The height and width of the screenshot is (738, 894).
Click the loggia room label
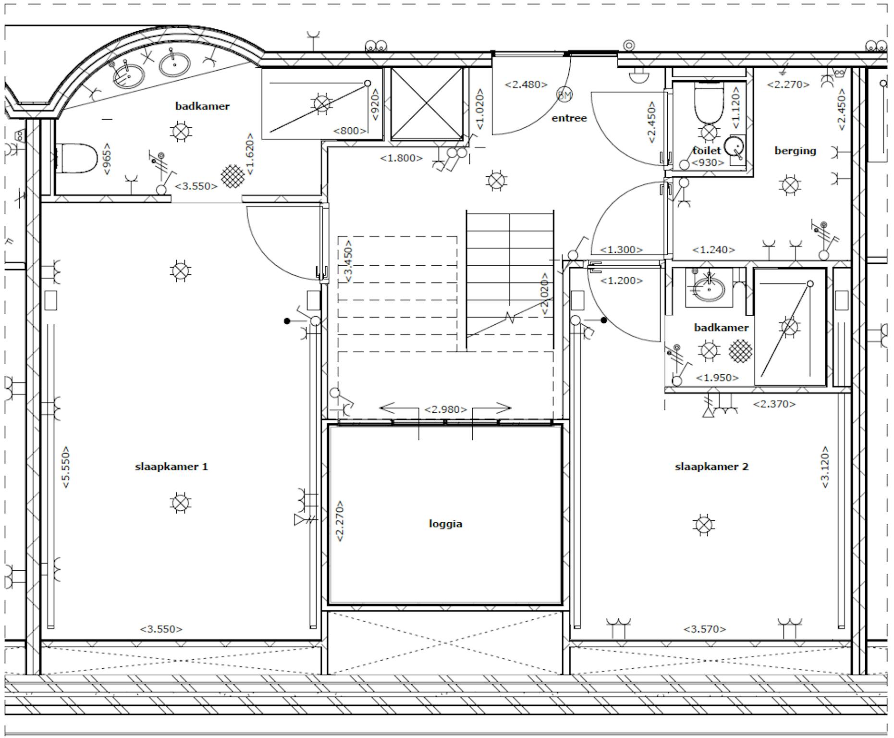pos(445,523)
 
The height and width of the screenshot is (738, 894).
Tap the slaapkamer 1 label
pos(171,467)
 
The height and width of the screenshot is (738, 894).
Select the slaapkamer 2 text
pos(711,467)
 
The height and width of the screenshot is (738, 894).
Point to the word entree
pos(569,118)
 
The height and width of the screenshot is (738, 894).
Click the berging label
pos(795,151)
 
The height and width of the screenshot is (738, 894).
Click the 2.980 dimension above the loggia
pos(445,409)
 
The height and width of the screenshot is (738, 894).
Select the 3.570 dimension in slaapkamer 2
pos(705,628)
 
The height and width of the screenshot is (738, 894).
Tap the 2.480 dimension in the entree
pos(526,85)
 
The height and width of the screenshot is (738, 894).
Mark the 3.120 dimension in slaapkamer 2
pos(825,467)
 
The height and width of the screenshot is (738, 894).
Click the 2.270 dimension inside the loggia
pos(340,521)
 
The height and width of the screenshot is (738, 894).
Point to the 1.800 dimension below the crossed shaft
pos(401,158)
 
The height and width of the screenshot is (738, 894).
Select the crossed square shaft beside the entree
pos(427,104)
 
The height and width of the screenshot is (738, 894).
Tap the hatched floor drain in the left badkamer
pos(233,176)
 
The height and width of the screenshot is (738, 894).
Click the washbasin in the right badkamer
pos(709,288)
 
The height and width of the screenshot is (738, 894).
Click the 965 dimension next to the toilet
pos(107,159)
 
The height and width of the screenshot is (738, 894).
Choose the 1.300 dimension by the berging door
pos(621,250)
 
